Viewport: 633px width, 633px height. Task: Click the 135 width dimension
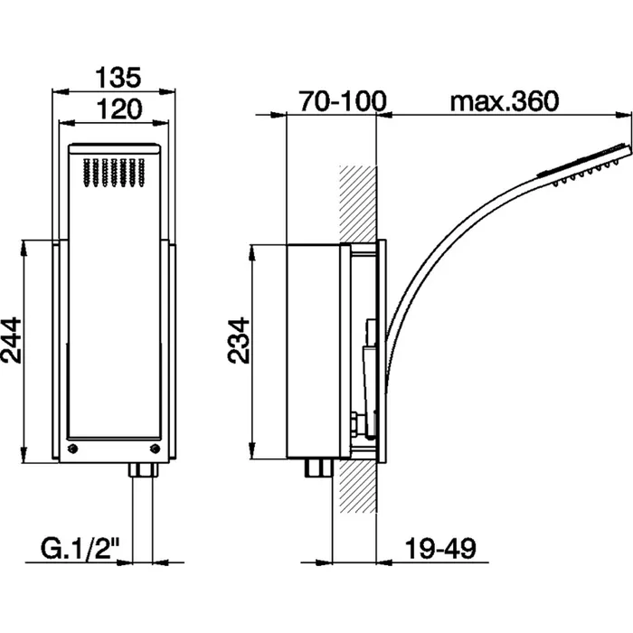click(x=118, y=78)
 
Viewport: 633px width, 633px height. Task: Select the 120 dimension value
click(x=119, y=109)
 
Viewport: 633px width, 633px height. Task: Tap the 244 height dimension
click(x=11, y=340)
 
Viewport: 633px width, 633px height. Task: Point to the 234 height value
click(x=239, y=340)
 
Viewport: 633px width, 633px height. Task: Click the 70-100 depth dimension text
click(x=343, y=101)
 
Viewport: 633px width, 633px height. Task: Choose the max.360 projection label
click(x=505, y=101)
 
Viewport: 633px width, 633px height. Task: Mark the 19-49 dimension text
click(x=440, y=548)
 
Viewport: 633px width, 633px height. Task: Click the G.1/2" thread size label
click(x=80, y=548)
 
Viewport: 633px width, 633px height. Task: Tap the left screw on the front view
click(x=73, y=449)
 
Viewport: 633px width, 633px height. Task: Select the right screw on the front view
click(x=155, y=449)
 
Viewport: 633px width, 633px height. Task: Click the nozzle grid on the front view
click(x=114, y=173)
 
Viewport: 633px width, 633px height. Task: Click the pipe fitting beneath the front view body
click(x=143, y=469)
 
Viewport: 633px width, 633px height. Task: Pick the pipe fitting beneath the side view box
click(x=319, y=468)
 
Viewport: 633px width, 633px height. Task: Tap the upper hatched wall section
click(x=358, y=203)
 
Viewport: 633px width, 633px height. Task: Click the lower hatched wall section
click(x=358, y=487)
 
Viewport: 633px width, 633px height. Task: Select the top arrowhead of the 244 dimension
click(x=24, y=249)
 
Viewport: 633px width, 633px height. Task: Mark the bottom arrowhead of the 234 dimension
click(x=252, y=450)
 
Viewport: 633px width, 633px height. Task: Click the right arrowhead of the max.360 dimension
click(x=623, y=115)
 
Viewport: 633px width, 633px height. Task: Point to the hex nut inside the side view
click(x=355, y=423)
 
